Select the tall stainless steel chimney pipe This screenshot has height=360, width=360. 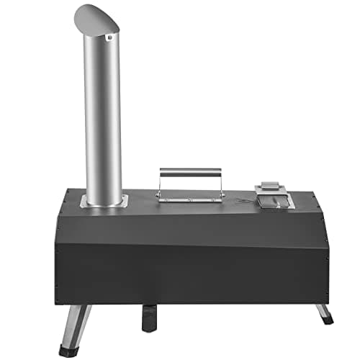(102, 115)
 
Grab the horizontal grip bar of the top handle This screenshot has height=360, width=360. (190, 174)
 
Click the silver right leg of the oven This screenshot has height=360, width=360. (323, 311)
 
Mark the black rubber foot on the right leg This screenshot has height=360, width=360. (328, 320)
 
